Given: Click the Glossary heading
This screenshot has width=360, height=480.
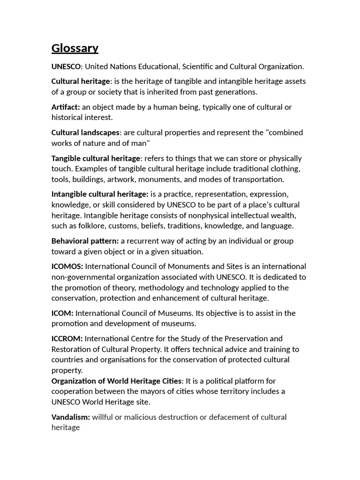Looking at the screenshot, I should pos(75,48).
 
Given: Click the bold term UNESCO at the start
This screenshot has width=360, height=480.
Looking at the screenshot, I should pos(66,67).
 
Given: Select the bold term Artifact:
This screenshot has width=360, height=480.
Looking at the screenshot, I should pos(66,107).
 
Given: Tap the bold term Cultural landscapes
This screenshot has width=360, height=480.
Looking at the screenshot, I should pos(86,133).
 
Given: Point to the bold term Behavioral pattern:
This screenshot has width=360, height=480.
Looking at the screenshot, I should pos(85,241).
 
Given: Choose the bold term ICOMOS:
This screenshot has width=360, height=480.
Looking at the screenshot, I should pos(67,266).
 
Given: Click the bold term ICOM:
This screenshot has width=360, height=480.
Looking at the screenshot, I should pos(62,313).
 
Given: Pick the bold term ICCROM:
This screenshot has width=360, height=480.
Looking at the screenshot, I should pos(67,338).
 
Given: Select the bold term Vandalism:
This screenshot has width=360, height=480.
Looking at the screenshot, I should pos(71,417).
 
